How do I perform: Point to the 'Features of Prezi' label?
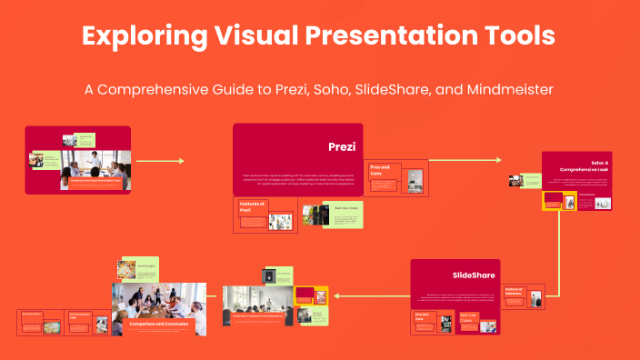pos(252,207)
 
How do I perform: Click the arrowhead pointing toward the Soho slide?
pos(497,161)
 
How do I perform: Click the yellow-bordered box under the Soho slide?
pos(553,200)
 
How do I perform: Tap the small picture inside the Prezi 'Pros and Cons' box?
pos(415,182)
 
